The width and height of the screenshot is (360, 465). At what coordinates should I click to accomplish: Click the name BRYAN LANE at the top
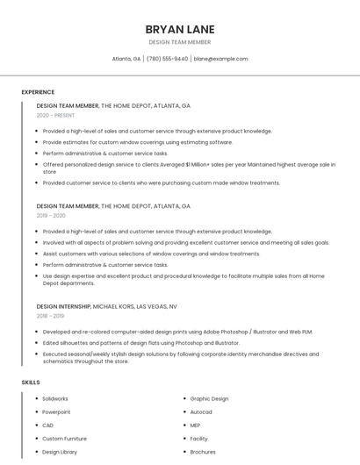click(x=180, y=29)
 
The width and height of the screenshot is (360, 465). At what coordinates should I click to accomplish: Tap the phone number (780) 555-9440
click(x=167, y=59)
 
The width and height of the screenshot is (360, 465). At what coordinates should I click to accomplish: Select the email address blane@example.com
click(x=220, y=59)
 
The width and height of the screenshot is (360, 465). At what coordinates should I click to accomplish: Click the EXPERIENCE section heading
click(x=38, y=92)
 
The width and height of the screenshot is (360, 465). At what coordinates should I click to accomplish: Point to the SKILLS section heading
click(x=31, y=383)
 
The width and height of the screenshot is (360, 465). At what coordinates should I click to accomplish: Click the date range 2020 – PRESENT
click(x=56, y=115)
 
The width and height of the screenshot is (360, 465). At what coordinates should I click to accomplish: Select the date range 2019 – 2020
click(x=51, y=215)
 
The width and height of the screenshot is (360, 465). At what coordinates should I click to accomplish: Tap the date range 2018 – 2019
click(x=50, y=316)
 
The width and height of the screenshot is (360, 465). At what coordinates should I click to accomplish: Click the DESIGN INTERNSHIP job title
click(x=63, y=306)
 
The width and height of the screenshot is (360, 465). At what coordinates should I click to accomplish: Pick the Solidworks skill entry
click(x=55, y=398)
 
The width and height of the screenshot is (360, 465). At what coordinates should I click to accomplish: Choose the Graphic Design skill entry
click(x=209, y=398)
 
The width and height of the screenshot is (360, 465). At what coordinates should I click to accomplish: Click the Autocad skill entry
click(x=201, y=411)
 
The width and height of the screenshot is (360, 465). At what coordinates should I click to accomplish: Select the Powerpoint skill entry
click(x=56, y=411)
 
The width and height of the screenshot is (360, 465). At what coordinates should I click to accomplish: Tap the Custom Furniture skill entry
click(x=64, y=439)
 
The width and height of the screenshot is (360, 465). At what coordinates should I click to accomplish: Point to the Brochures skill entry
click(x=203, y=452)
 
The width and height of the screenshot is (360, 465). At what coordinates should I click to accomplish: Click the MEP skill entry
click(x=196, y=426)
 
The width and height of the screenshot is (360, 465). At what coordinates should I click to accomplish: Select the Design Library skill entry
click(x=60, y=452)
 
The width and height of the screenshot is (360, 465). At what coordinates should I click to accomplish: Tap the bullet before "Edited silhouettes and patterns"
click(x=36, y=343)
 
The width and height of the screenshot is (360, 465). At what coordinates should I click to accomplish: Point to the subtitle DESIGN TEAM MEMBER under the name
click(x=180, y=41)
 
